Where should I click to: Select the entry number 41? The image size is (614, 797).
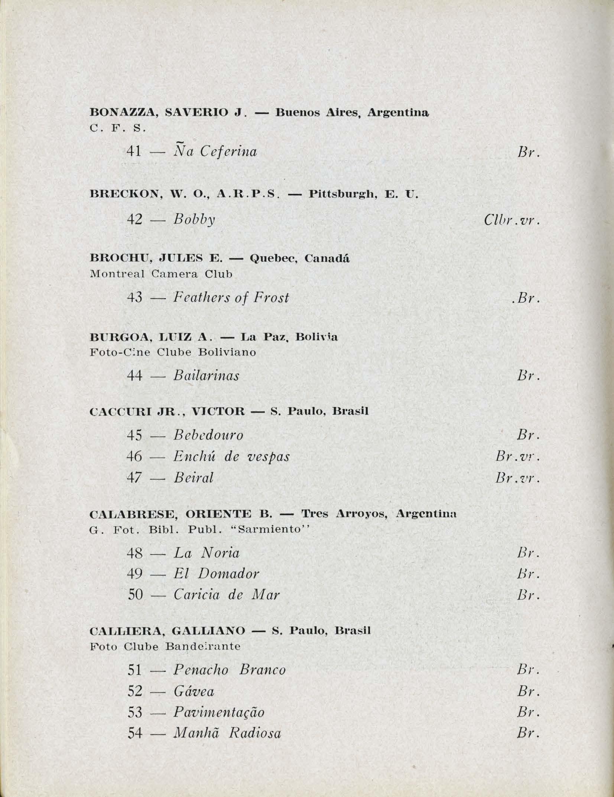click(x=134, y=152)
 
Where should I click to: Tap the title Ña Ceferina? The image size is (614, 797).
click(x=215, y=151)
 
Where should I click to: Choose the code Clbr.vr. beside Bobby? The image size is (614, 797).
click(x=511, y=220)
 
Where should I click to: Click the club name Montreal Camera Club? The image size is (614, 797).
click(x=161, y=274)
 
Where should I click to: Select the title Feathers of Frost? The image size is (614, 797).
click(x=231, y=297)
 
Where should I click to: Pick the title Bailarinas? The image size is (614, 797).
click(x=206, y=376)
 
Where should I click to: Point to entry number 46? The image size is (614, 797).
click(x=134, y=456)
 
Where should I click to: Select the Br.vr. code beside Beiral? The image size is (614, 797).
click(x=517, y=478)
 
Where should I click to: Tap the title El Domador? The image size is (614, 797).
click(x=216, y=574)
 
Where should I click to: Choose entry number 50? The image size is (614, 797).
click(x=135, y=595)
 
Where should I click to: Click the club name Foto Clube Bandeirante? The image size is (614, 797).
click(x=165, y=647)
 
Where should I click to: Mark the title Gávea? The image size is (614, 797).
click(x=194, y=691)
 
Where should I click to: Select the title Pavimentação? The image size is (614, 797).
click(x=219, y=712)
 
